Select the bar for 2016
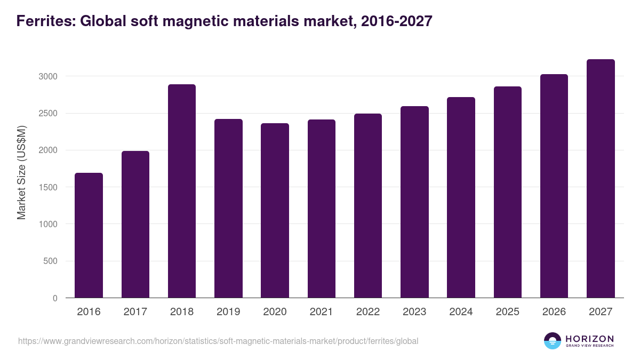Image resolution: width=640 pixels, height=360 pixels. point(89,235)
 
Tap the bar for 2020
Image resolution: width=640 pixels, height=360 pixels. point(275,211)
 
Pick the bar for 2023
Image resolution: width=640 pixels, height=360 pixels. point(414,202)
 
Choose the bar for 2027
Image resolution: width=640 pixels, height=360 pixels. point(601,179)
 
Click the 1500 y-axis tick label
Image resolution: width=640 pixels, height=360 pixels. point(47,187)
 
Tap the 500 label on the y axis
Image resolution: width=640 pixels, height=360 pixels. point(51,261)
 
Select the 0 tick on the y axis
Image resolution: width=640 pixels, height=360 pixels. point(55,298)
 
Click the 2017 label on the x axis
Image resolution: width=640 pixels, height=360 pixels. point(135,312)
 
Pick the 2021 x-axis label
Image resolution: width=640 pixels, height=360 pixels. point(322,312)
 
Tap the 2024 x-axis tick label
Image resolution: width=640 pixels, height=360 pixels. point(461,312)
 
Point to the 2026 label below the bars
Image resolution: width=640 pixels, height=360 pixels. point(554,312)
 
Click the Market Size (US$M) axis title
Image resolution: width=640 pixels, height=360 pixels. point(21,172)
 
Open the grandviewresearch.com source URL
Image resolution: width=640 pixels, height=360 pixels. point(218,341)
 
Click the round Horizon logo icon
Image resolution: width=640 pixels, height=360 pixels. point(553,341)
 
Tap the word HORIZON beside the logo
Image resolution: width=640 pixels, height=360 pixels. point(589,338)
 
